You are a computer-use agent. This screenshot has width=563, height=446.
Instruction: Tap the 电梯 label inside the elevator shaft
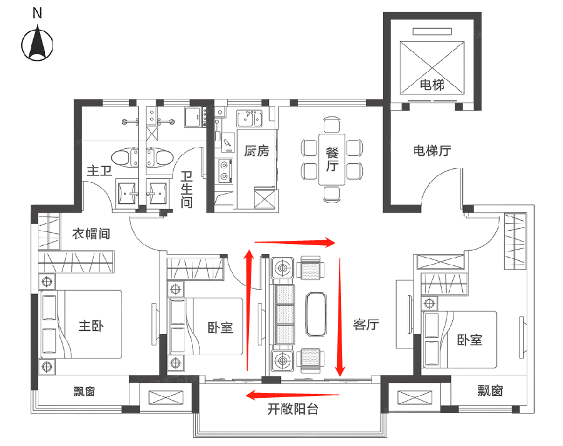pos(432,84)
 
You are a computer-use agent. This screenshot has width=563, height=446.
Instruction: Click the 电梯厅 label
pos(432,151)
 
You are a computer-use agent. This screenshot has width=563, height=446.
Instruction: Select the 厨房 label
pos(256,151)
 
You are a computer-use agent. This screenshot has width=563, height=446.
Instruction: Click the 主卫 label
pos(99,170)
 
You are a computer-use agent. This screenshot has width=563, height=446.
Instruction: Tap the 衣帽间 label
pos(91,234)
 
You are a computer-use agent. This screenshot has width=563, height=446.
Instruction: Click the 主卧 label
pos(91,326)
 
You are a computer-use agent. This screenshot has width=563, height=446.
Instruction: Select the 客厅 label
pos(366,325)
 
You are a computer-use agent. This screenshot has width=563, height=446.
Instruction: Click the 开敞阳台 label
pos(293,410)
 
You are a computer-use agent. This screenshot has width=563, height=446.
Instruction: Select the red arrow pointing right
pos(295,242)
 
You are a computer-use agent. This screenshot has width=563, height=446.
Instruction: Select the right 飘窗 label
pos(490,392)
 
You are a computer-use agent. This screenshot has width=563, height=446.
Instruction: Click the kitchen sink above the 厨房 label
pos(253,117)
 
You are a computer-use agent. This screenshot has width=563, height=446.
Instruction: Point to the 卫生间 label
pos(186,190)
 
